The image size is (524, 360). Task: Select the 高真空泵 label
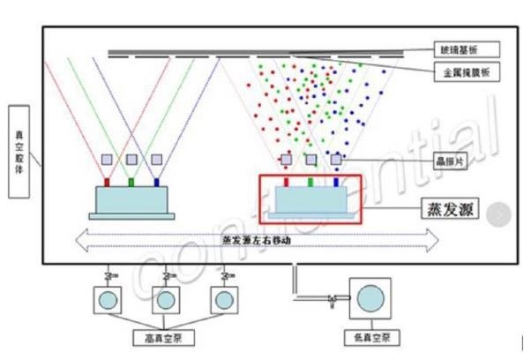[x=162, y=338]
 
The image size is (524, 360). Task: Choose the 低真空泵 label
[x=370, y=338]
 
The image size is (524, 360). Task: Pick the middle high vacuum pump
[x=163, y=300]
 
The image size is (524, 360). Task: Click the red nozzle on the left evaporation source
[x=107, y=183]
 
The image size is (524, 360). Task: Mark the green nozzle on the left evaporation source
[x=131, y=183]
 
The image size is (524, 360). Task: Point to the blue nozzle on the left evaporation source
[x=156, y=183]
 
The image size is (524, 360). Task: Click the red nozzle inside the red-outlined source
[x=287, y=183]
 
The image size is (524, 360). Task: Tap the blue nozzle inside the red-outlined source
[x=335, y=183]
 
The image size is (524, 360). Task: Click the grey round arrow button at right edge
[x=501, y=213]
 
